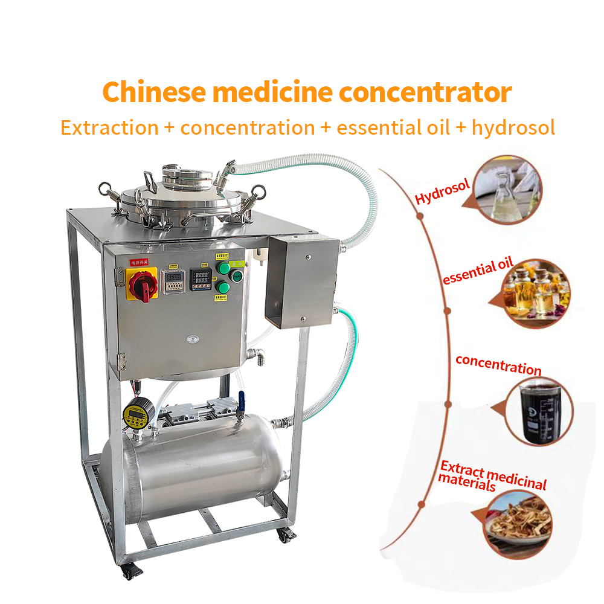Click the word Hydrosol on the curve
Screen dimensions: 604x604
(442, 191)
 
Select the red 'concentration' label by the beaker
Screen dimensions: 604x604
(498, 365)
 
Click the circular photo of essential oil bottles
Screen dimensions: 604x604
(536, 293)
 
